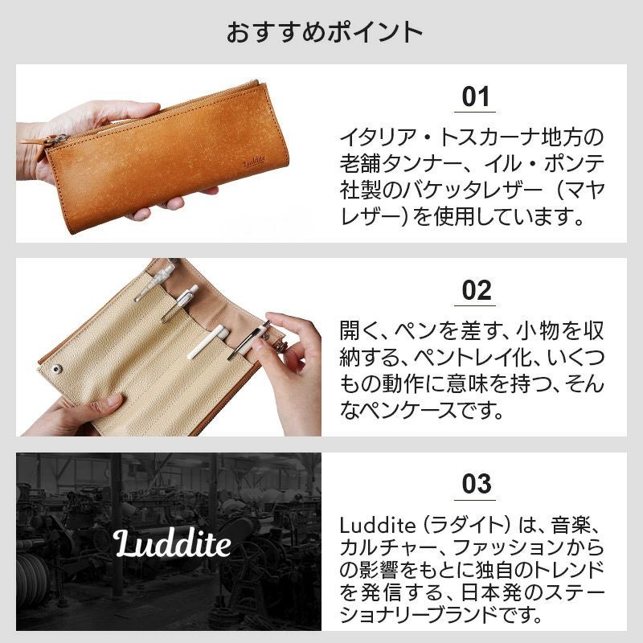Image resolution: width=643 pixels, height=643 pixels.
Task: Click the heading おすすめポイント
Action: [324, 32]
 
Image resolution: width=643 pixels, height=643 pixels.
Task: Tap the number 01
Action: [475, 97]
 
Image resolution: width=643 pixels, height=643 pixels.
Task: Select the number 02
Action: [476, 291]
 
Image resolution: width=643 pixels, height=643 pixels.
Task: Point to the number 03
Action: [476, 484]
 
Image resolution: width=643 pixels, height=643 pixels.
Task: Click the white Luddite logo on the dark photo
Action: [171, 543]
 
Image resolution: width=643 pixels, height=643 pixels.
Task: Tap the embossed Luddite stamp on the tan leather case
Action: [254, 162]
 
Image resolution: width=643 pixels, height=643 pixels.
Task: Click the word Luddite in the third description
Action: [378, 526]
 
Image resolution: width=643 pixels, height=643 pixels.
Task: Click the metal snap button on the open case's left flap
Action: [57, 370]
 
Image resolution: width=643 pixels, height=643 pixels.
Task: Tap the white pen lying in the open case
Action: [207, 342]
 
